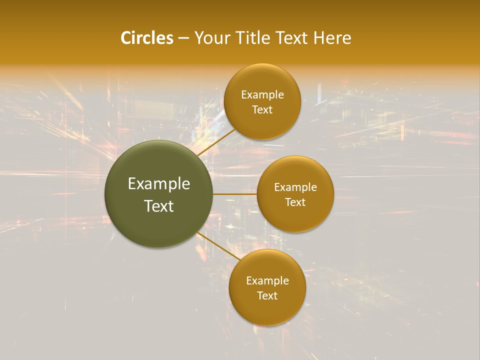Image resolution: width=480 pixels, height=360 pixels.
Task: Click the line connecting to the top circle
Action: [216, 142]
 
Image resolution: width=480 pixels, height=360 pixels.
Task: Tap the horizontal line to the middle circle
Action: [235, 194]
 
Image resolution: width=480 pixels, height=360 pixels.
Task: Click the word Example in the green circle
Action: [159, 184]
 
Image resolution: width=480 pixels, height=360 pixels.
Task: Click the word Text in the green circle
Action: [159, 206]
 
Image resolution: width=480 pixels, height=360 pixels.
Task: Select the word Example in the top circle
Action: [262, 95]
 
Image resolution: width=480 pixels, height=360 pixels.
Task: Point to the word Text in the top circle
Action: [262, 110]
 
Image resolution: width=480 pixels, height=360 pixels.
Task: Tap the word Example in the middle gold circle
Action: [295, 187]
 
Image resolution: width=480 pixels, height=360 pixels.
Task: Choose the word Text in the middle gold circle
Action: [295, 202]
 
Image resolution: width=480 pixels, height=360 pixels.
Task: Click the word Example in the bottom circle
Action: [267, 281]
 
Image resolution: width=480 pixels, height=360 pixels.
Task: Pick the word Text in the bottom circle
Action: [267, 296]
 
